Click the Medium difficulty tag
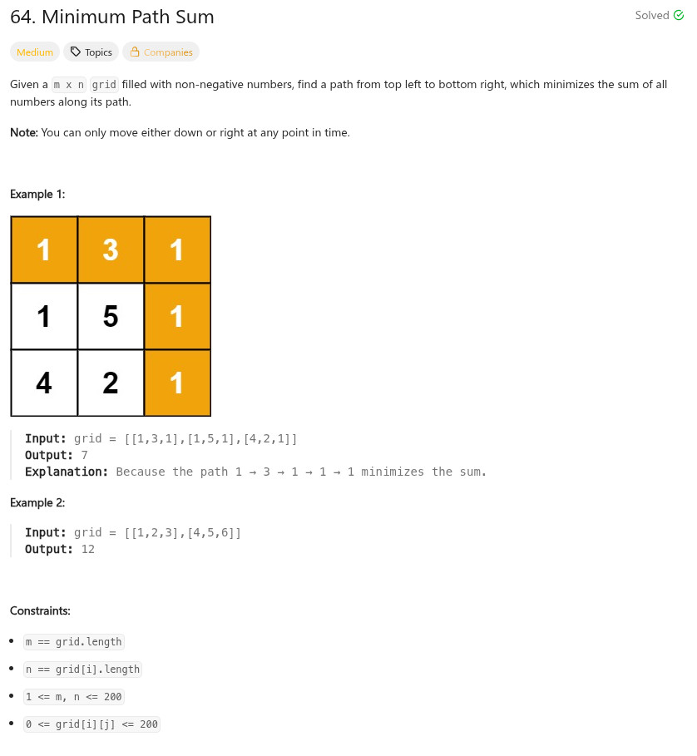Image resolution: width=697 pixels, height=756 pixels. [35, 52]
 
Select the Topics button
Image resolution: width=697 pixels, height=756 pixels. [91, 52]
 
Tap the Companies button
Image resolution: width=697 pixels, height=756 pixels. [161, 52]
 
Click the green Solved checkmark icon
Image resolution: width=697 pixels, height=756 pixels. [678, 15]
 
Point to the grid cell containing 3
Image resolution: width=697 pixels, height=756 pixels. [111, 250]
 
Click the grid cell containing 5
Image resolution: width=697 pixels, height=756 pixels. [111, 316]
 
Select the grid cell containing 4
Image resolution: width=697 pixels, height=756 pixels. [44, 383]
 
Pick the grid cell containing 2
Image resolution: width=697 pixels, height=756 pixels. [111, 383]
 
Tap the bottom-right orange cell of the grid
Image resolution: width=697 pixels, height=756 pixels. [177, 383]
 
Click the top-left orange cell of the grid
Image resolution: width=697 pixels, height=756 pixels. [44, 250]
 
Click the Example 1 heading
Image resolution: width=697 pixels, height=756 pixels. [37, 194]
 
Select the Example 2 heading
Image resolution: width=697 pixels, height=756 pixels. [37, 502]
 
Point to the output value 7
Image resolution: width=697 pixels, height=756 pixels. [85, 455]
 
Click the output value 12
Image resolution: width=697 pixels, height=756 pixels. [88, 549]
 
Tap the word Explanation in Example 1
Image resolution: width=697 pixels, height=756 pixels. [67, 472]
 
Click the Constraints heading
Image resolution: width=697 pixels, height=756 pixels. [40, 610]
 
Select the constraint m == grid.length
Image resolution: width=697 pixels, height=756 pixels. [74, 641]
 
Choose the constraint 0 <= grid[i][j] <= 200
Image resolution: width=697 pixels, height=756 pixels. [91, 724]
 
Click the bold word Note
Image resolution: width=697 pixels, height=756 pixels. [23, 132]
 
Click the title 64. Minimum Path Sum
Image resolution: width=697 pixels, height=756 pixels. [112, 17]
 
